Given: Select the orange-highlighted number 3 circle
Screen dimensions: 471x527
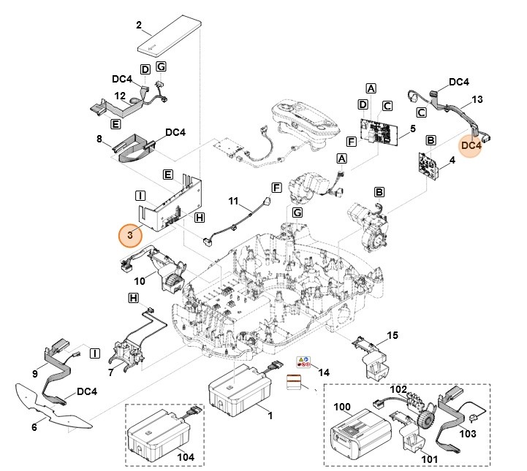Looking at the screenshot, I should pyautogui.click(x=131, y=236).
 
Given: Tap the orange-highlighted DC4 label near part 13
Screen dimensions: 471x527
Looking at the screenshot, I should pyautogui.click(x=471, y=145).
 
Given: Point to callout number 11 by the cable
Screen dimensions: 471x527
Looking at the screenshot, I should pyautogui.click(x=234, y=200).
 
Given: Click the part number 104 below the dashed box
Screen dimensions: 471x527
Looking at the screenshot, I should pyautogui.click(x=187, y=456).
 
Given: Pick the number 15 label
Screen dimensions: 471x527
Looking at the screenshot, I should pyautogui.click(x=392, y=335).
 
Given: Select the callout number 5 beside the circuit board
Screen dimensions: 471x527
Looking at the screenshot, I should pyautogui.click(x=413, y=129).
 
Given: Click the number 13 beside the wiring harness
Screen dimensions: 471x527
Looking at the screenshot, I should pyautogui.click(x=478, y=99).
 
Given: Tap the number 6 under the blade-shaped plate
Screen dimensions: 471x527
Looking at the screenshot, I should pyautogui.click(x=34, y=426).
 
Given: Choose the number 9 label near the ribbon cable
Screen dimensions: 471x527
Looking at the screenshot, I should pyautogui.click(x=34, y=374).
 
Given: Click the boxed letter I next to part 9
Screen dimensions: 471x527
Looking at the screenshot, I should pyautogui.click(x=94, y=353).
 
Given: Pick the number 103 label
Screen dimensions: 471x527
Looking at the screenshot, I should pyautogui.click(x=467, y=433).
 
